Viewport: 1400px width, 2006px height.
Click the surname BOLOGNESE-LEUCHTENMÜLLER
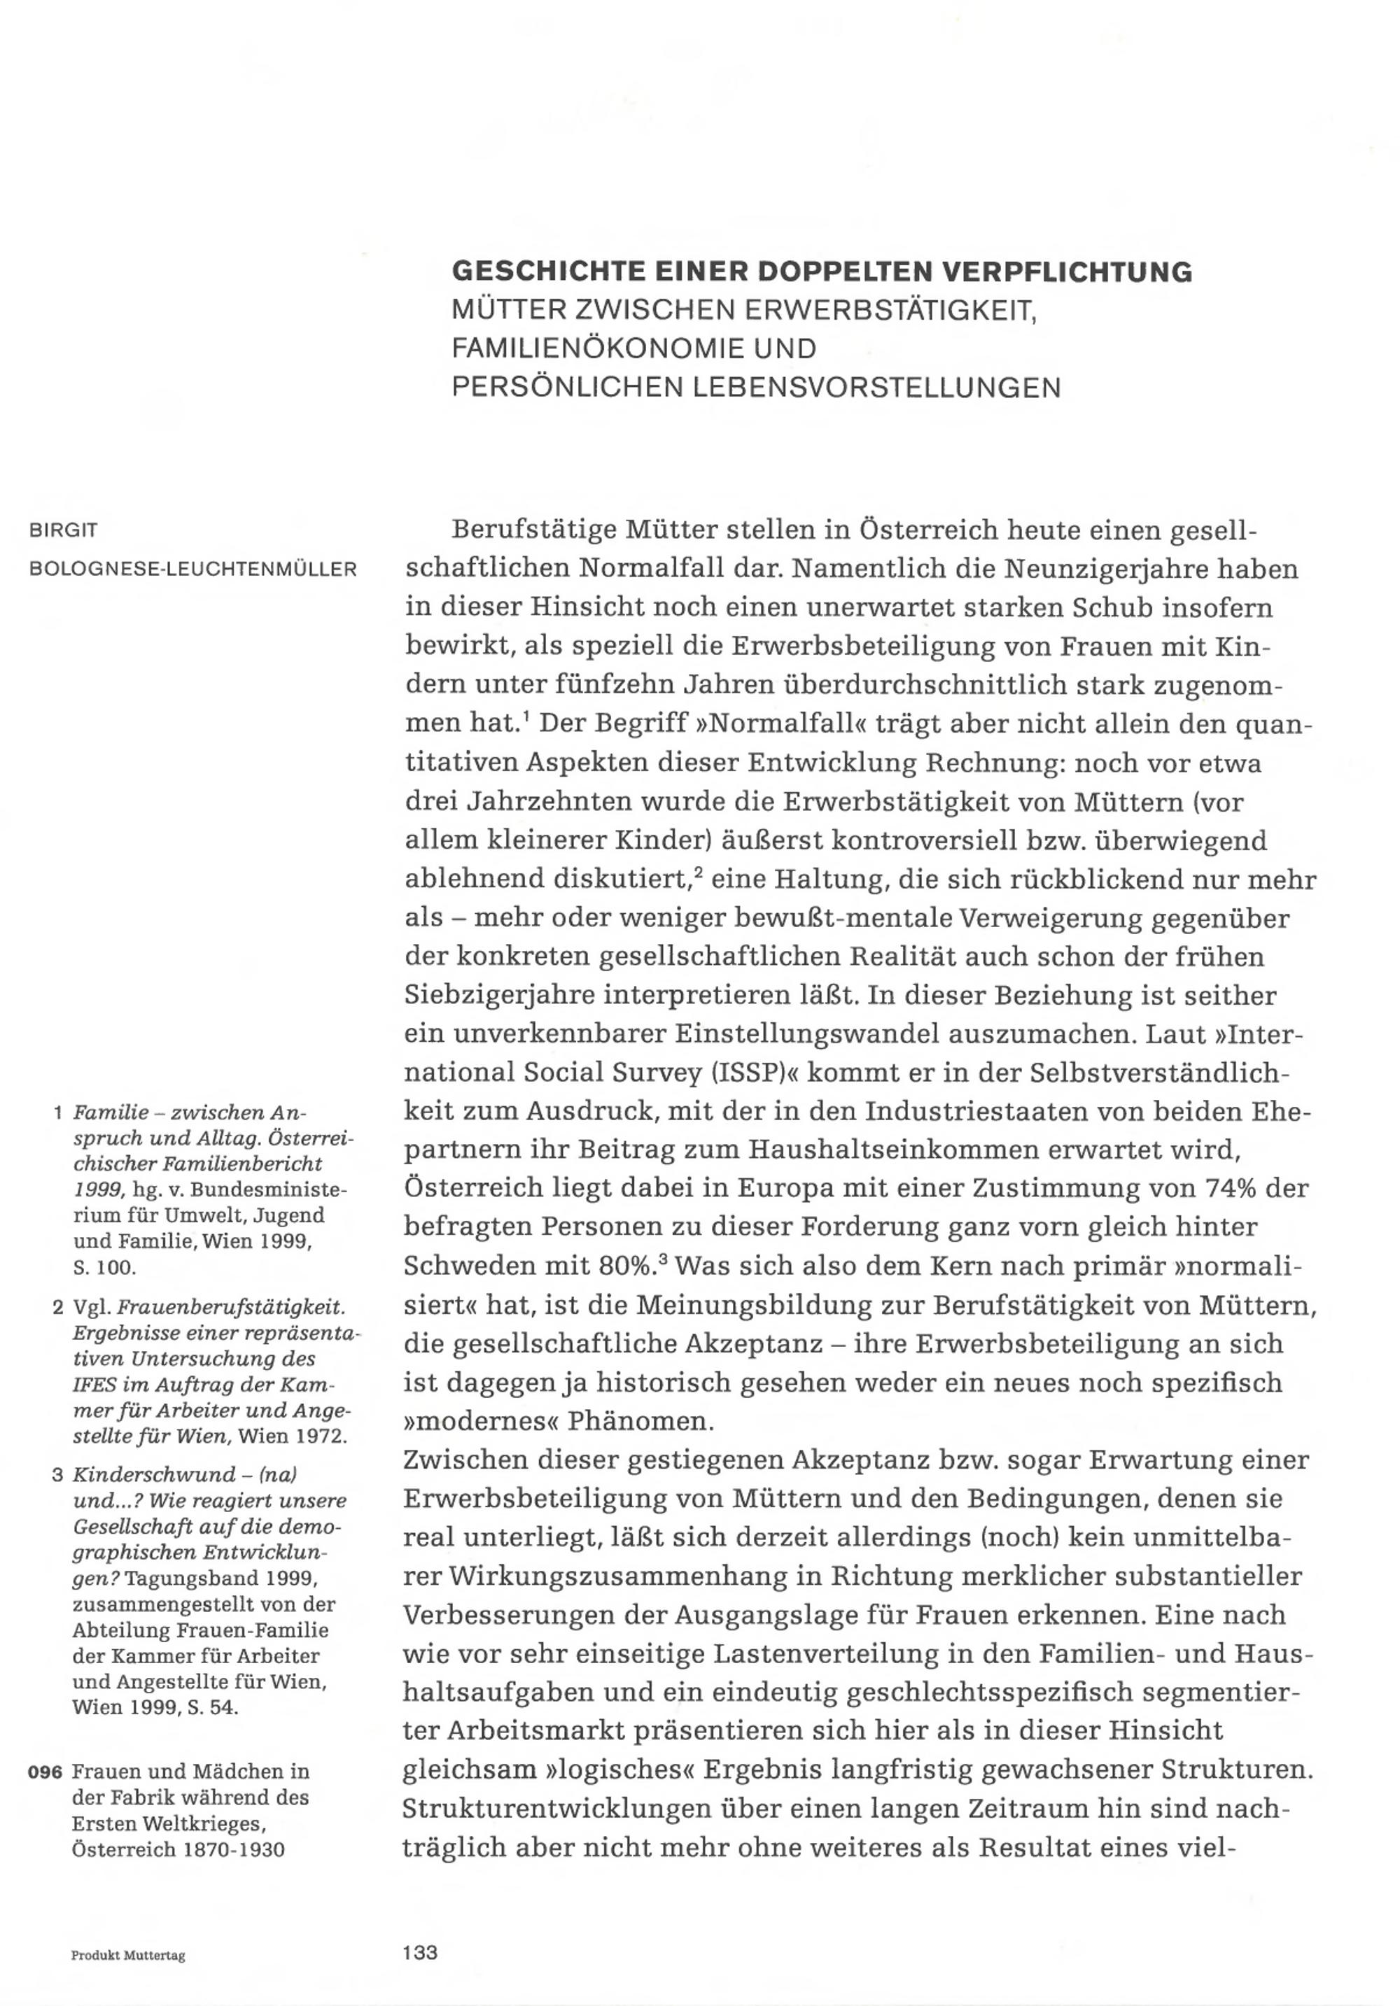pos(193,570)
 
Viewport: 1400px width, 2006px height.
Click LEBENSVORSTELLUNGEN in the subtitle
pos(876,387)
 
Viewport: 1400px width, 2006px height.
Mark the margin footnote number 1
pos(57,1113)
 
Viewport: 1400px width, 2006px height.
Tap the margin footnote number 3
pos(57,1475)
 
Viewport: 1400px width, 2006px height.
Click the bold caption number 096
pos(45,1772)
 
